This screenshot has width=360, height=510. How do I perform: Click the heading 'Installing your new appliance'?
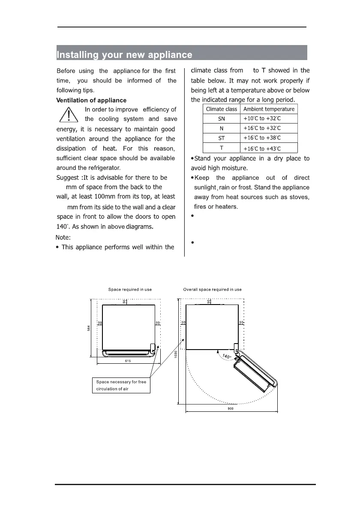[x=125, y=55]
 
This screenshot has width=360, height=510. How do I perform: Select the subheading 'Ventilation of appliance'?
[x=91, y=100]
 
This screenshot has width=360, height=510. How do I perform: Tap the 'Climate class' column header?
[x=221, y=109]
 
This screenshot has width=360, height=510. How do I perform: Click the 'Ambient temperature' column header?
[x=268, y=109]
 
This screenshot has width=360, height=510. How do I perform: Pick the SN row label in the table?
[x=222, y=118]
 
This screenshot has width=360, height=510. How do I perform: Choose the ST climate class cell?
[x=222, y=138]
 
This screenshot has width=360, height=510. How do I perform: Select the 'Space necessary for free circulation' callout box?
[x=121, y=385]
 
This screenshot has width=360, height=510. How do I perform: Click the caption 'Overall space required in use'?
[x=212, y=290]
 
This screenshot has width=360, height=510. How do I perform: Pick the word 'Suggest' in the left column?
[x=68, y=178]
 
